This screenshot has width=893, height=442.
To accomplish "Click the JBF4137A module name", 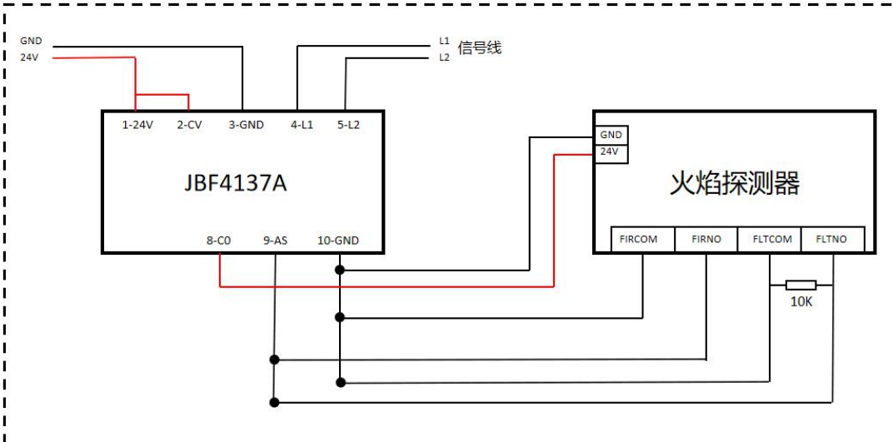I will (236, 182).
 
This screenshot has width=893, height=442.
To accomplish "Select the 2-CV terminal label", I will (189, 125).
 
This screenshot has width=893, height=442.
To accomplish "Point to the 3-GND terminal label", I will (246, 125).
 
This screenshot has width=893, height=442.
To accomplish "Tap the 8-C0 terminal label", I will (218, 241).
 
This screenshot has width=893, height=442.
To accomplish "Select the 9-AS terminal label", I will (275, 241).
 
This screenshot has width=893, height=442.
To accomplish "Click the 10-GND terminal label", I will (338, 241).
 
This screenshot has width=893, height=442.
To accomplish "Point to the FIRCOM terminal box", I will (641, 240).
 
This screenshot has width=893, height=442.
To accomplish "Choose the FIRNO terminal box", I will (705, 240).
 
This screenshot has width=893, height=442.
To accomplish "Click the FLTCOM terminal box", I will (769, 240).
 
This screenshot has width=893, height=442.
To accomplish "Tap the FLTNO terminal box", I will (832, 240).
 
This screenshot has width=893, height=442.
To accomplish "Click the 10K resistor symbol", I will (801, 285).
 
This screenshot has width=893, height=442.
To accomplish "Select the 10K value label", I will (801, 301).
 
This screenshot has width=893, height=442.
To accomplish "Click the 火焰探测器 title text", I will (734, 184).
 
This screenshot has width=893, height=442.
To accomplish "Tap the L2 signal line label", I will (444, 57).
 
